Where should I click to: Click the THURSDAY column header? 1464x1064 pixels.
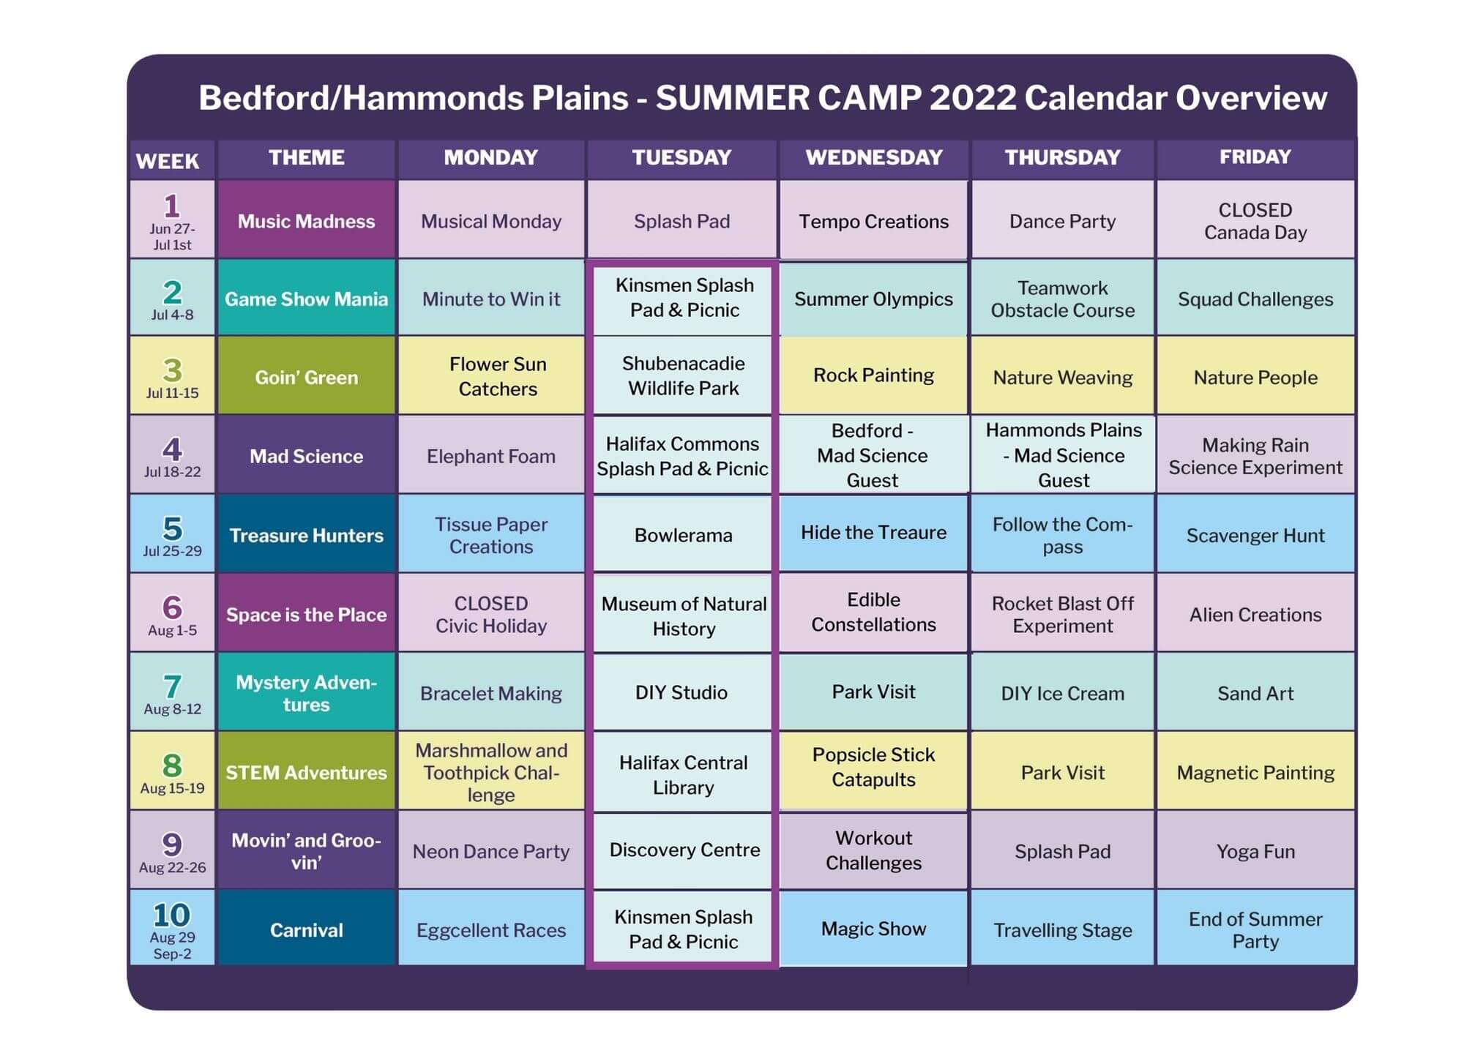coord(1062,157)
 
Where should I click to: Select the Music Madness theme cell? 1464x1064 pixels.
coord(306,221)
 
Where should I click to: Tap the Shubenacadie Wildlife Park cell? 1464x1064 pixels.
coord(683,376)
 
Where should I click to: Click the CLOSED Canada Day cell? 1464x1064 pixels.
coord(1255,221)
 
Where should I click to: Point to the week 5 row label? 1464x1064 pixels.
coord(172,535)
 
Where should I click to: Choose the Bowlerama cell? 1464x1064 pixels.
coord(683,535)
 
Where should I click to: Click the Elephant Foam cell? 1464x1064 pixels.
coord(490,456)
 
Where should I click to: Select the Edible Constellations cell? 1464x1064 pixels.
coord(873,612)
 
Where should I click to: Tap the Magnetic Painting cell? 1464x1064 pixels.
coord(1255,772)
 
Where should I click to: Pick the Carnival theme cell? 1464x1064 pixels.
coord(306,929)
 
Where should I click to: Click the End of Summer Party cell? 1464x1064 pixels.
coord(1255,929)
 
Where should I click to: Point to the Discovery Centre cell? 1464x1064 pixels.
coord(684,850)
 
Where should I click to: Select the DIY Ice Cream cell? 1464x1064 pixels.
coord(1062,693)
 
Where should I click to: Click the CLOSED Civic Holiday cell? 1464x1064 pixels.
coord(490,614)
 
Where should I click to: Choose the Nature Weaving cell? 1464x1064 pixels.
coord(1062,377)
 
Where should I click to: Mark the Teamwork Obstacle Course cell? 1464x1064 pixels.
coord(1062,299)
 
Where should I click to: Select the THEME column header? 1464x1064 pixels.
coord(306,157)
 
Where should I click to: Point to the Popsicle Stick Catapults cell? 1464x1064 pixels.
coord(873,768)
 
